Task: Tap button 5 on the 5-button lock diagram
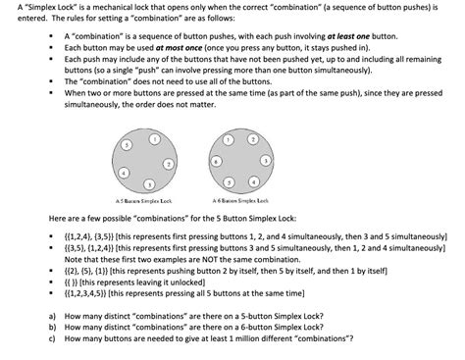click(x=127, y=144)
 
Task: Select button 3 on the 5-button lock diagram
click(x=148, y=183)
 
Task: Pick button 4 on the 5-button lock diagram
click(x=123, y=172)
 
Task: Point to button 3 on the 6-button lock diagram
click(x=265, y=159)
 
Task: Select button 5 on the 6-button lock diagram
click(x=229, y=181)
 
